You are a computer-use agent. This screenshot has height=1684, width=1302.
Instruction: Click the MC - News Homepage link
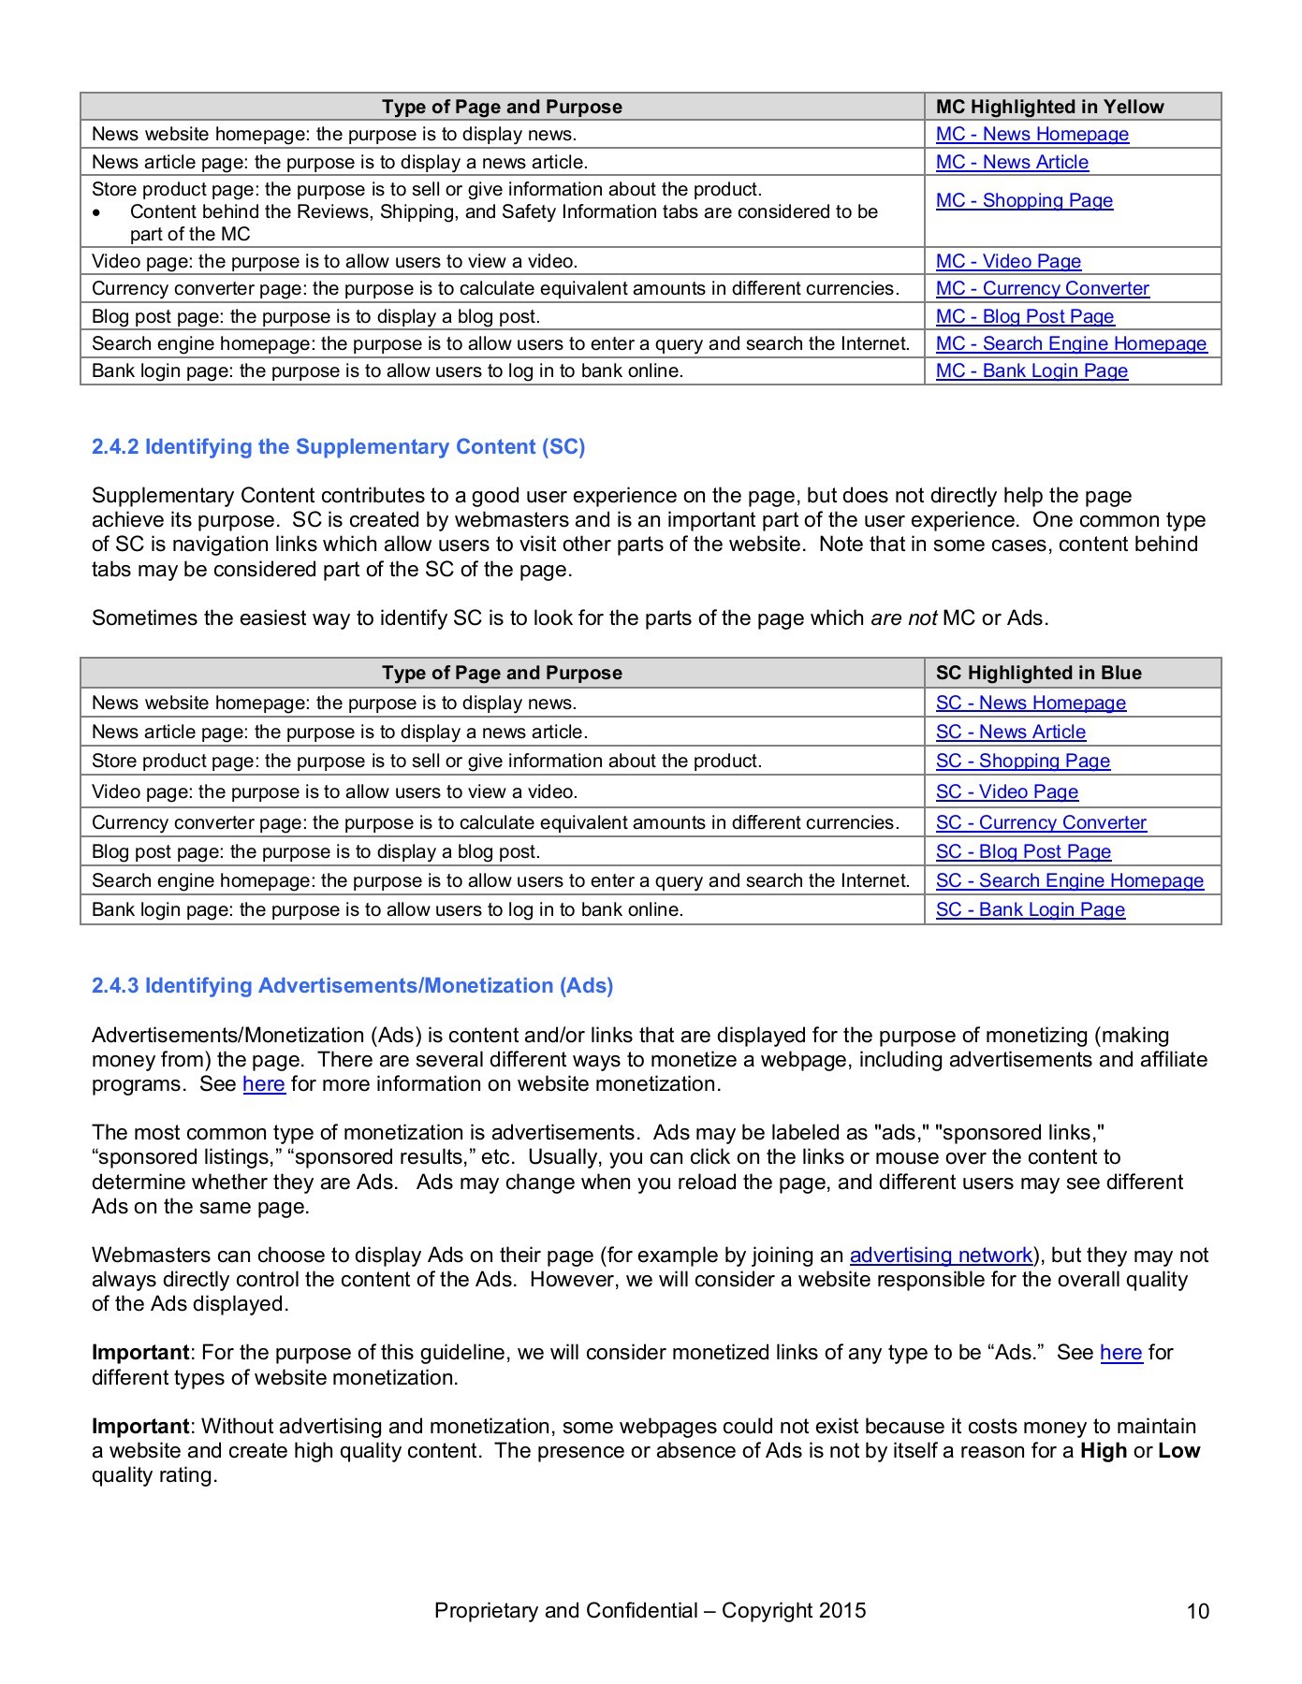pos(1031,134)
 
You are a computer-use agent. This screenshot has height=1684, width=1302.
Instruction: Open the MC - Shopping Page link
pos(1024,200)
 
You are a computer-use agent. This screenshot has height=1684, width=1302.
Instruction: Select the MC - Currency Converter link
pos(1042,288)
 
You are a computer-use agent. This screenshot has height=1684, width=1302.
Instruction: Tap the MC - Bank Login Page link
pos(1031,370)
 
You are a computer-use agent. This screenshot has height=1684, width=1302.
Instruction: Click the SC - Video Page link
pos(1006,791)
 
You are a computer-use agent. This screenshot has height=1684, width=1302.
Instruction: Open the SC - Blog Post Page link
pos(1023,851)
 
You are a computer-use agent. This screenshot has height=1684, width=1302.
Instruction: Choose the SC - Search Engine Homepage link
pos(1069,880)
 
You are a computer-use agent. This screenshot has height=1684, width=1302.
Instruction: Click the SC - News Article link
pos(1010,732)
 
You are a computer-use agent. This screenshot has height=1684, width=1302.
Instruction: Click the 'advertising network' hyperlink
pos(941,1255)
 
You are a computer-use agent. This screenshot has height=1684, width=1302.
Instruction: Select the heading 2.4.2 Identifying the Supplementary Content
pos(338,446)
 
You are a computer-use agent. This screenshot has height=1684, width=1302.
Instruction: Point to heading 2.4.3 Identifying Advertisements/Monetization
pos(352,985)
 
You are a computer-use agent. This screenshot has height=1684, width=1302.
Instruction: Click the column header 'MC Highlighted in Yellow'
pos(1049,107)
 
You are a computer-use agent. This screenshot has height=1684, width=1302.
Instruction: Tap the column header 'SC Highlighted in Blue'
pos(1038,673)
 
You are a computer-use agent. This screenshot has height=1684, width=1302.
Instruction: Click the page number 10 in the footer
pos(1197,1611)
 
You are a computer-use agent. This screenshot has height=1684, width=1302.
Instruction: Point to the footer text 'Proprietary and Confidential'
pos(565,1610)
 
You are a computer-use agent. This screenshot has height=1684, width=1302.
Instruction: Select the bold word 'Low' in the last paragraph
pos(1178,1450)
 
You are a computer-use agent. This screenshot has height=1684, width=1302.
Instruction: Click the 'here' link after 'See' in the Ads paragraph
pos(263,1083)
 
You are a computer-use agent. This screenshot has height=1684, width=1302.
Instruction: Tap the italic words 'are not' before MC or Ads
pos(902,617)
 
